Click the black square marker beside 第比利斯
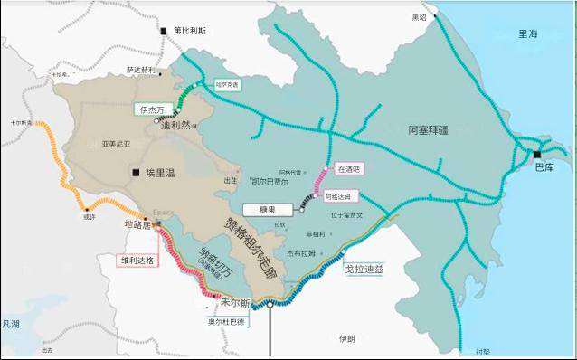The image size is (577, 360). point(165,31)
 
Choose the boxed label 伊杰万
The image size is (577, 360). point(151,109)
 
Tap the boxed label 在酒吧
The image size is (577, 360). point(348,168)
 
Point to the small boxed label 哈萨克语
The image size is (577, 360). point(228,85)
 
